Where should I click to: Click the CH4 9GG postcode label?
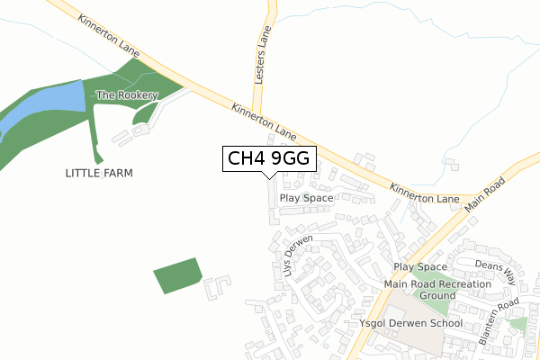tap(268, 158)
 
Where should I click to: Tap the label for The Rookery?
tap(127, 95)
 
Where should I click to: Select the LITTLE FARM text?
tap(99, 172)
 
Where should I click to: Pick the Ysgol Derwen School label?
tap(410, 323)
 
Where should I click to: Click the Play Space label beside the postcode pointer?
tap(306, 197)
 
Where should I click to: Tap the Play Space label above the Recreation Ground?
tap(420, 267)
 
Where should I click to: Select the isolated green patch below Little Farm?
tap(176, 274)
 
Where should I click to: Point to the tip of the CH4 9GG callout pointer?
tap(268, 177)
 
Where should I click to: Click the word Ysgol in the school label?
tap(373, 323)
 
